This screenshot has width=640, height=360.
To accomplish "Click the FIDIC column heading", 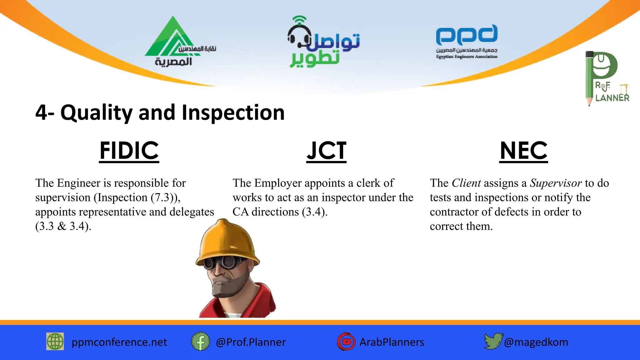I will pos(129,151).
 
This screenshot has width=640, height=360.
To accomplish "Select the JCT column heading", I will pos(326,151).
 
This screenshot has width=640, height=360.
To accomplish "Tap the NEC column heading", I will pos(523,151).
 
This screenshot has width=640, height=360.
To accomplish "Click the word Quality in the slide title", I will pos(96,113).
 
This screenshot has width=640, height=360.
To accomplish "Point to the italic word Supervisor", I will pos(556,183).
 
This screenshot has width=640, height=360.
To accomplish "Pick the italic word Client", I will pos(466,183).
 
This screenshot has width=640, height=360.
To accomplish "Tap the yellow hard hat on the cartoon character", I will pos(227,241).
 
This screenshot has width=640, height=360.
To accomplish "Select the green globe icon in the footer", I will pos(55,341).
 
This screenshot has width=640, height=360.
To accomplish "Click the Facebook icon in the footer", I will pos(200,341).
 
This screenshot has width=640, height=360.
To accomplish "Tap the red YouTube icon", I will pos(346,342).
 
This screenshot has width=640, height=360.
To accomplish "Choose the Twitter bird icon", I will pos(493,341).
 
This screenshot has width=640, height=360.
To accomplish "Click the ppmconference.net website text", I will pos(119,342).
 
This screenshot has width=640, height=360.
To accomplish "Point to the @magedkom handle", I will pos(536,342).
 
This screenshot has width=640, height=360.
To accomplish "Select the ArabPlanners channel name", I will pos(392,342).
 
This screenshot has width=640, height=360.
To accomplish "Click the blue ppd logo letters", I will pos(467,35).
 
